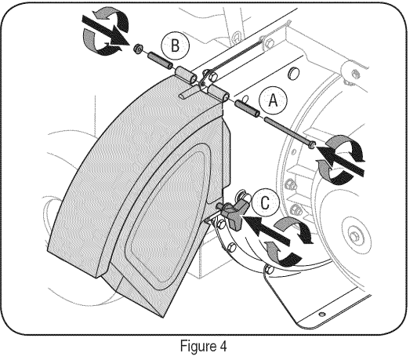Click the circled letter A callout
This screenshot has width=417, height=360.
(274, 100)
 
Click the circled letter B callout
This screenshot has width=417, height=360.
(176, 45)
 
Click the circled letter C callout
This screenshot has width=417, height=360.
(265, 203)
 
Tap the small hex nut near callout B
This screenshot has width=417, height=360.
(138, 49)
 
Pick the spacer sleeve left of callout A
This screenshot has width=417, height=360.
(247, 109)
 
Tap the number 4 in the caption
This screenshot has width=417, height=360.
(223, 347)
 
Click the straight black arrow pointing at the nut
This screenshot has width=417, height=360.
(105, 31)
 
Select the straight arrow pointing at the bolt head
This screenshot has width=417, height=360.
(341, 160)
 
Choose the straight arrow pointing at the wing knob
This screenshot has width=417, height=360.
(267, 230)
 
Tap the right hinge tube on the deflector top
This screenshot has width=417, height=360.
(218, 93)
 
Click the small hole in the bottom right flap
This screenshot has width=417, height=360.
(322, 314)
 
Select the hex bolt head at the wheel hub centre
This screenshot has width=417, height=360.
(354, 236)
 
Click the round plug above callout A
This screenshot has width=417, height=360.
(293, 72)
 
